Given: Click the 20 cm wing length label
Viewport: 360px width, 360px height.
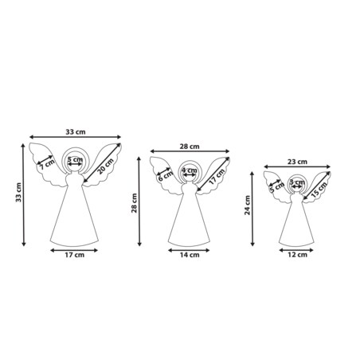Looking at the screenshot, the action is [105, 166].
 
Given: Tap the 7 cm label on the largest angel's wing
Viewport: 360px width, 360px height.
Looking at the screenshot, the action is [47, 165].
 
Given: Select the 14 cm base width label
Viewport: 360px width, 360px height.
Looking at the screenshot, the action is [190, 255].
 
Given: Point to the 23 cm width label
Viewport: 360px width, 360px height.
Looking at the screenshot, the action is [297, 162].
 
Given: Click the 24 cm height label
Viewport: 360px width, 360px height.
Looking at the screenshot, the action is [248, 205].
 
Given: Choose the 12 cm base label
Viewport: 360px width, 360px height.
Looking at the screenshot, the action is [297, 255].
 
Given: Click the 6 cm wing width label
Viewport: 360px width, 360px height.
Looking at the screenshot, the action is [165, 176].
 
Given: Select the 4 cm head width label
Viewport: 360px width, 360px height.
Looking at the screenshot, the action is [190, 170].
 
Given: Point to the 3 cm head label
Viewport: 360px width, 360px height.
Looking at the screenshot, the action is [297, 182].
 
